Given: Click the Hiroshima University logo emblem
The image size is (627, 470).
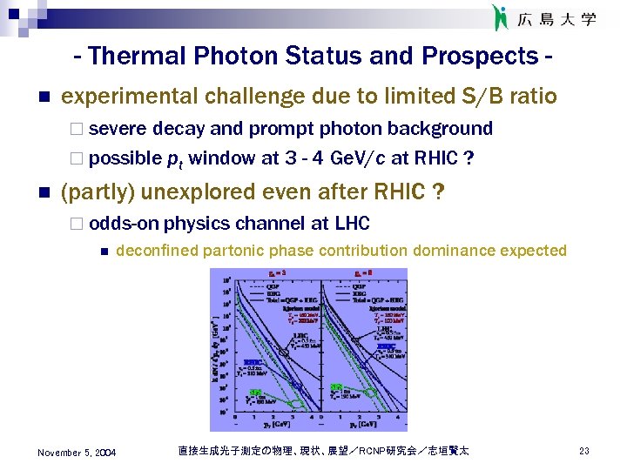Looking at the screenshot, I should click(x=501, y=18).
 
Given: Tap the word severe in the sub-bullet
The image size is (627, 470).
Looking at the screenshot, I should click(x=118, y=129).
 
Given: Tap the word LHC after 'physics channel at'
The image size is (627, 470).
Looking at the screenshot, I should click(x=352, y=224).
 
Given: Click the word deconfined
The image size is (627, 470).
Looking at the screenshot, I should click(x=157, y=251).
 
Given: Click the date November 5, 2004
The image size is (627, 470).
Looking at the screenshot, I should click(x=77, y=451).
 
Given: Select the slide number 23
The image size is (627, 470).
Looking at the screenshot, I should click(x=584, y=451).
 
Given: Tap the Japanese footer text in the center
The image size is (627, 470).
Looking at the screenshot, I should click(x=323, y=451).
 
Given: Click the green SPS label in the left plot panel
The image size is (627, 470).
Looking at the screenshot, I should click(x=255, y=393).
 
